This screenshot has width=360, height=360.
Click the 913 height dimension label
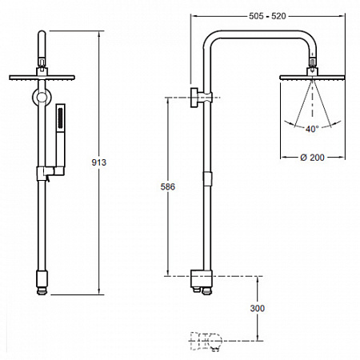coord(98,162)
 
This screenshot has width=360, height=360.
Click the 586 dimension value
coord(168,186)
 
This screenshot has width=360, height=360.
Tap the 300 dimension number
coord(258,308)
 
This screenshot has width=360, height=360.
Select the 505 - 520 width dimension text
coord(267,16)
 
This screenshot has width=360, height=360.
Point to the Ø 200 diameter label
coord(312,158)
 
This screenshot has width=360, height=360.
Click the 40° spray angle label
coord(312,129)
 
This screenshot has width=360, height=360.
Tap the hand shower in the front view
coord(61,136)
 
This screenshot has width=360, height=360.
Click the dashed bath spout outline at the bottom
coord(206,342)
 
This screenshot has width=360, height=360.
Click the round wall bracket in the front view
coord(42,97)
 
